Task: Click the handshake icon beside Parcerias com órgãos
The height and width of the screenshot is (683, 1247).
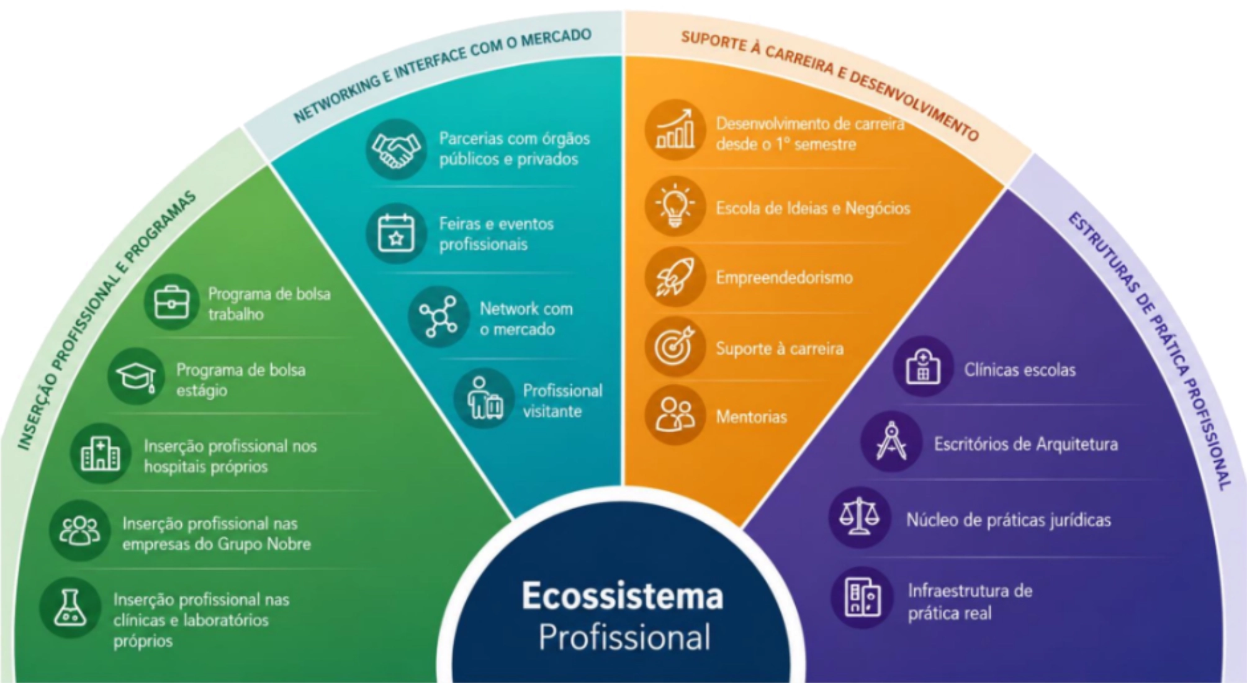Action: [x=396, y=149]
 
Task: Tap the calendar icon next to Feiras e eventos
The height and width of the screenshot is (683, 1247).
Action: [x=396, y=233]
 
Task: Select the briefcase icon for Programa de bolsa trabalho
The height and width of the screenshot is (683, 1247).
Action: [x=172, y=302]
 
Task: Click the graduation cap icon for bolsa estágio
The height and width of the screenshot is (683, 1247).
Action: [x=136, y=376]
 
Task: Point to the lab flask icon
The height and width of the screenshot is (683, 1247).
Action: [x=70, y=608]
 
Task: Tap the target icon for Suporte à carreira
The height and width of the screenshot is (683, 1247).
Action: [x=675, y=346]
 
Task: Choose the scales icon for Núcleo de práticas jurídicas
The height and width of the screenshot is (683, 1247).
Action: [x=859, y=517]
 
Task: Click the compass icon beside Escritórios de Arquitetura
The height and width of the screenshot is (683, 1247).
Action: [x=891, y=441]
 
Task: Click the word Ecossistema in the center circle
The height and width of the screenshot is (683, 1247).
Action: [x=623, y=596]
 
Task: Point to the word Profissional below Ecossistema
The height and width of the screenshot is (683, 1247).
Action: [x=624, y=638]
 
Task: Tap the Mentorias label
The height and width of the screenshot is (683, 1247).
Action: [x=751, y=417]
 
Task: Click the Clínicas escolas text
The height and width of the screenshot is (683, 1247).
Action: [x=1020, y=370]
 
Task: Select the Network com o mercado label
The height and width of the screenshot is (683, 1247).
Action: [x=526, y=319]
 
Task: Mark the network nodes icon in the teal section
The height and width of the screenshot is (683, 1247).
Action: [x=439, y=317]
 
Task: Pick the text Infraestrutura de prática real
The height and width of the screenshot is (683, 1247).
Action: [x=970, y=602]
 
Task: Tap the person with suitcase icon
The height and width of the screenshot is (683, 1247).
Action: [x=484, y=399]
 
